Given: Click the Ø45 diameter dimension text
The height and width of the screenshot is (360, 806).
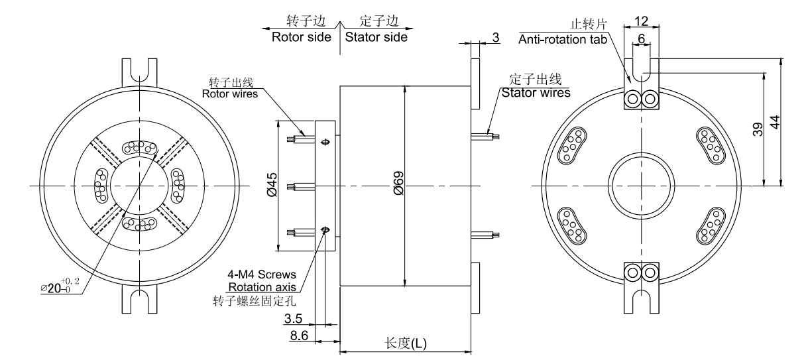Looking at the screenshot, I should click(x=272, y=186).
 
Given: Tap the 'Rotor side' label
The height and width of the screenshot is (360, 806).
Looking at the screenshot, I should click(x=301, y=37).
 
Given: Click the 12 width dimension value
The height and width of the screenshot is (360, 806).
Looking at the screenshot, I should click(x=642, y=21).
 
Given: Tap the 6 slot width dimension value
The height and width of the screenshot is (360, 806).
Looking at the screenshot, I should click(x=642, y=39).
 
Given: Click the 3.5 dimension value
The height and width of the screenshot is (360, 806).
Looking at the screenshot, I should click(x=293, y=320).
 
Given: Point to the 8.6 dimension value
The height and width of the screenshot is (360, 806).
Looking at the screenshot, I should click(x=293, y=337).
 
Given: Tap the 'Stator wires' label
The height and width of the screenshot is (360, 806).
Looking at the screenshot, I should click(x=536, y=93).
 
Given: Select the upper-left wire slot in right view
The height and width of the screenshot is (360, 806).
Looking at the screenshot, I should click(x=572, y=145).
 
